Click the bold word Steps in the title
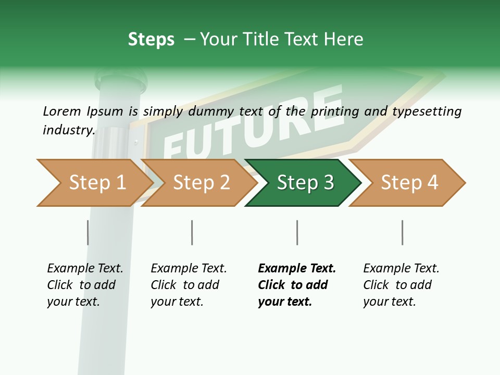151,40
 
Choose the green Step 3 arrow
305,183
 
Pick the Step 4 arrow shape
409,183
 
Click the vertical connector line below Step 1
87,232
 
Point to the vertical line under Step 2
192,232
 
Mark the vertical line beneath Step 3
297,232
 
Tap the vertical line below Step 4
402,232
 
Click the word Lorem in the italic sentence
61,111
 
